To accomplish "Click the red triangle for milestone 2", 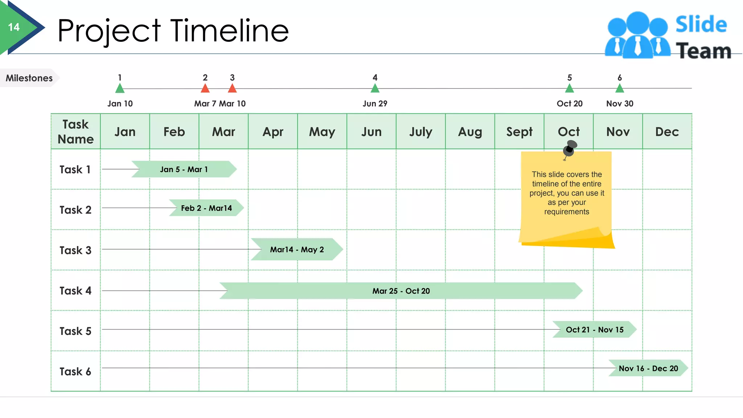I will click(205, 88).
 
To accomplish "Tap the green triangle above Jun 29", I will click(375, 88).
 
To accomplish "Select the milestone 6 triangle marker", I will click(620, 88).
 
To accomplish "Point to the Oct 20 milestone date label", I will click(570, 104).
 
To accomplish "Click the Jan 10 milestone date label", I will click(120, 104).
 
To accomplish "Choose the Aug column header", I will click(470, 132).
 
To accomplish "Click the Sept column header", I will click(520, 132).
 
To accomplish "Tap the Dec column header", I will click(667, 132).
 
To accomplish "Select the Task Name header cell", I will click(75, 132).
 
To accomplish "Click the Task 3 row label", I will click(75, 250).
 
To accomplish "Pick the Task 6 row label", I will click(75, 372).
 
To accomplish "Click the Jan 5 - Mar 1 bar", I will click(184, 169).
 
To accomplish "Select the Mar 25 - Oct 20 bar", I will click(401, 291).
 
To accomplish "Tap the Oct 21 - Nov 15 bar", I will click(594, 330).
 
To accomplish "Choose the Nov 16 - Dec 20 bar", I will click(648, 369).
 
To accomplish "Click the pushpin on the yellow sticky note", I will click(570, 148).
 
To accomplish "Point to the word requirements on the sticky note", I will click(567, 212).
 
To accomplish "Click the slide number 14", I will click(14, 27).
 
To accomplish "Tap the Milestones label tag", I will click(29, 78).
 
